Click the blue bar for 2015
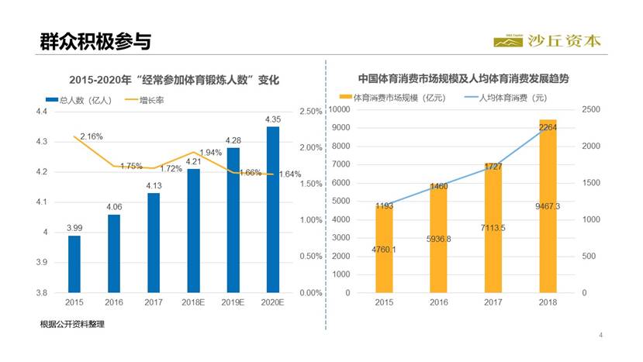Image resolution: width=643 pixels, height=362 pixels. point(74,264)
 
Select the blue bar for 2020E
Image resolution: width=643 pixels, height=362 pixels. point(272,209)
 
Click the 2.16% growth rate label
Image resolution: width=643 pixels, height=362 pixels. point(91,136)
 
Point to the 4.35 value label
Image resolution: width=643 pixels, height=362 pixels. point(272,119)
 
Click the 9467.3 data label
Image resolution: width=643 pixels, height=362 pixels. point(548,205)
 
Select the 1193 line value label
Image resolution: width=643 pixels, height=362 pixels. point(385,206)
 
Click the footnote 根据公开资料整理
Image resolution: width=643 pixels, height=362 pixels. point(72,324)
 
